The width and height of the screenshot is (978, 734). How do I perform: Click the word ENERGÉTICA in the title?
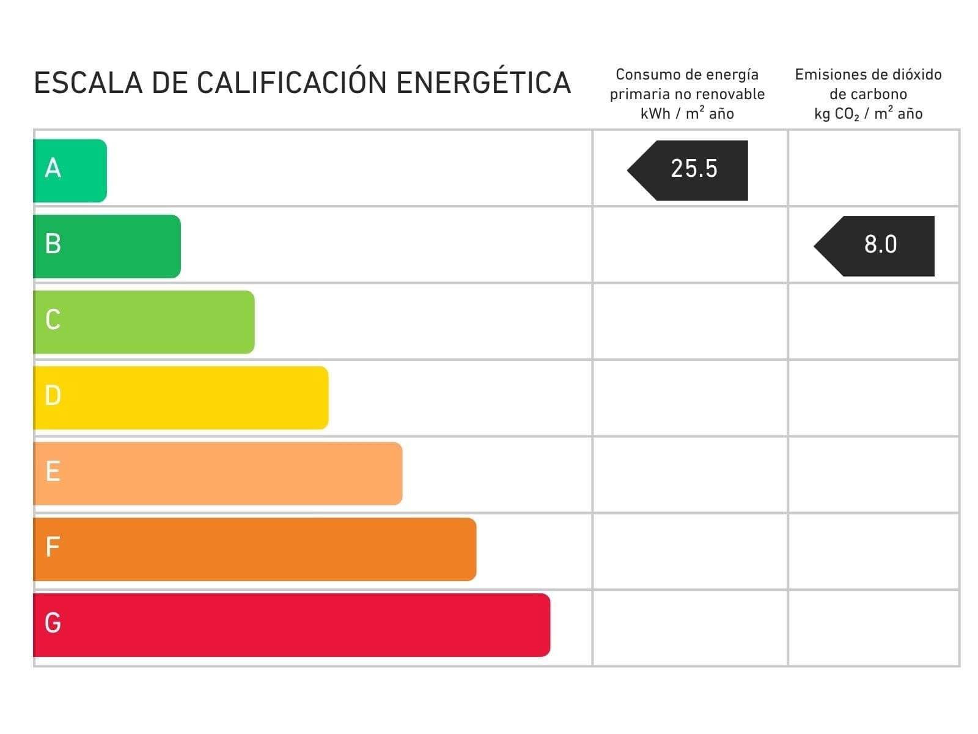pyautogui.click(x=483, y=83)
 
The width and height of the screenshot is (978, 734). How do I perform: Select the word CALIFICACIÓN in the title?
pyautogui.click(x=291, y=83)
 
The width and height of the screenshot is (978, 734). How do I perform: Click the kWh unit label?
pyautogui.click(x=655, y=114)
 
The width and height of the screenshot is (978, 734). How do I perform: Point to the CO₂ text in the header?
pyautogui.click(x=847, y=114)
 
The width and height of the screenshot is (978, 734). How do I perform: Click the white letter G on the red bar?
pyautogui.click(x=53, y=623)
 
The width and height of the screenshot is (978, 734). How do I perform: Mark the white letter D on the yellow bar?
pyautogui.click(x=53, y=396)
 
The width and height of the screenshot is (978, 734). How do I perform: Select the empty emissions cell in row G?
pyautogui.click(x=873, y=628)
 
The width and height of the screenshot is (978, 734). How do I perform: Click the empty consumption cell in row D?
pyautogui.click(x=690, y=398)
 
